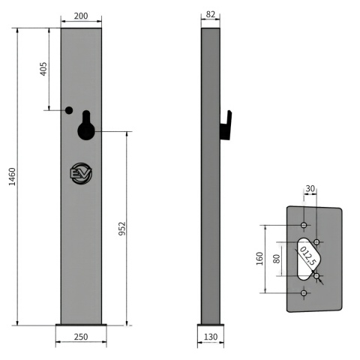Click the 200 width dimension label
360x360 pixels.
81,16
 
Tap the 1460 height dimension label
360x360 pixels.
12,177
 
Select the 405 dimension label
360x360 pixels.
43,69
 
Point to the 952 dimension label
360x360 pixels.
121,229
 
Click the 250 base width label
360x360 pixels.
81,337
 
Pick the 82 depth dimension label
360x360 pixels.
210,14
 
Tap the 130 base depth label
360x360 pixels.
211,337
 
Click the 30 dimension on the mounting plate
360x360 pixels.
310,188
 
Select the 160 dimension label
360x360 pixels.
259,259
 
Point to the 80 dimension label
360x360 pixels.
276,259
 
